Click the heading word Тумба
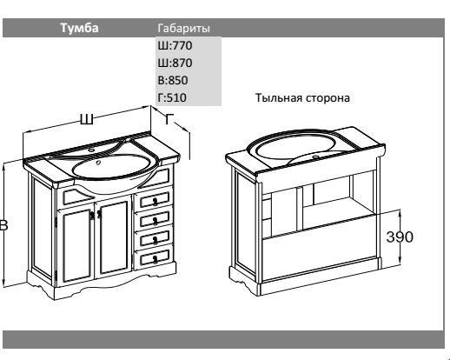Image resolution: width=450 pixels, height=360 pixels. coord(79,28)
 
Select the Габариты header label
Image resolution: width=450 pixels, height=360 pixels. coord(183,29)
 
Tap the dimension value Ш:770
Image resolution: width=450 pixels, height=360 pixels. coord(175,45)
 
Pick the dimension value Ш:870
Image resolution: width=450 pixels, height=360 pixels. coord(175,63)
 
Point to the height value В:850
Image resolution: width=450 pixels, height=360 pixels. coord(173,80)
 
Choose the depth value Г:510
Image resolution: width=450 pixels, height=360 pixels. coord(172,97)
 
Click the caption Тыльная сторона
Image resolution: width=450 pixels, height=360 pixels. coord(302,98)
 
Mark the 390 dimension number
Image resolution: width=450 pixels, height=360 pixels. coord(400,237)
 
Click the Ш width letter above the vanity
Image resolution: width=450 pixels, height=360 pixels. coord(87,119)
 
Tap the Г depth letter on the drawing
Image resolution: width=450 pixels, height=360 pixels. coord(169,118)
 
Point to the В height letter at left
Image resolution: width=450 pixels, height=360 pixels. coord(3,225)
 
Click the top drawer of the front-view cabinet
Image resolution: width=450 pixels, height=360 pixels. coord(154,199)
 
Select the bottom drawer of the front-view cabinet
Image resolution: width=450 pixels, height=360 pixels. coord(154,257)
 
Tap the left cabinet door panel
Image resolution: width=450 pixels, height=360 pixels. coord(76,246)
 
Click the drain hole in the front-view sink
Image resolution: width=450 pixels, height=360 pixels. coord(98,163)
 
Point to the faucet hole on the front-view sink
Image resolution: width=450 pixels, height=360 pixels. coord(92,150)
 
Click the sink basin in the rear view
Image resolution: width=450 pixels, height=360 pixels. coord(295,146)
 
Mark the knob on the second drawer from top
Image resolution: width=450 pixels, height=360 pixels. coord(156,221)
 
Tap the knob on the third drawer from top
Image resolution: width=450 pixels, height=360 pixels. coord(156,240)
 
